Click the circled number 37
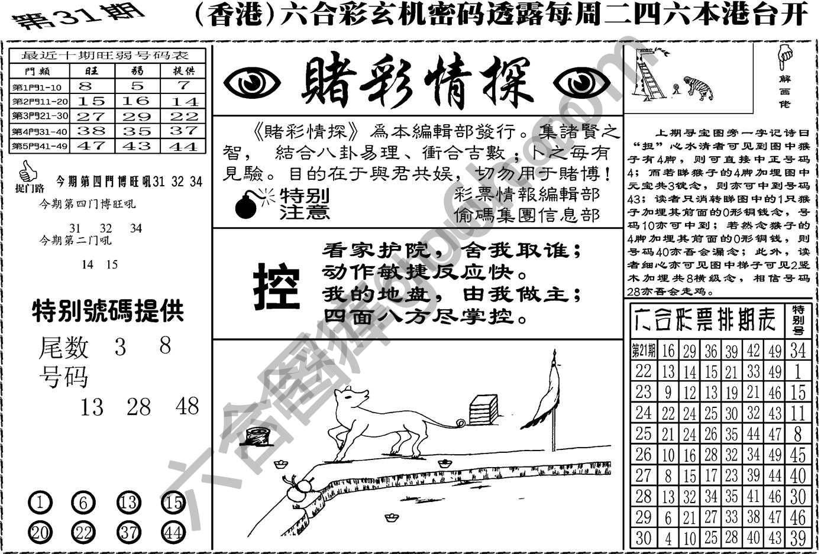click(129, 532)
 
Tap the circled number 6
click(83, 503)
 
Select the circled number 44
click(173, 532)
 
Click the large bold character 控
click(276, 287)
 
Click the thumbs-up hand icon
click(27, 173)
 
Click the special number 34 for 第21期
click(798, 350)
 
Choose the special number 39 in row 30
click(798, 538)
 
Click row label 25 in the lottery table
click(643, 434)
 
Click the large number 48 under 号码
click(188, 406)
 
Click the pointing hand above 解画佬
click(784, 58)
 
